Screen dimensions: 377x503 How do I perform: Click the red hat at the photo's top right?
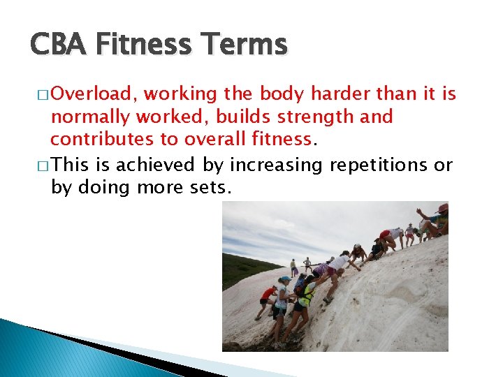443,207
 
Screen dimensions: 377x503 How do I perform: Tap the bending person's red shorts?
385,235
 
